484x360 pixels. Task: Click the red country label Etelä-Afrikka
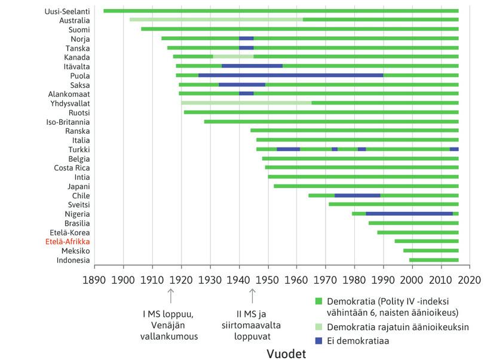click(68, 242)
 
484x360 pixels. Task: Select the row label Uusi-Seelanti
click(68, 11)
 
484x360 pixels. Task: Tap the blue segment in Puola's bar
click(290, 75)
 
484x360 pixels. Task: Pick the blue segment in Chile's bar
click(357, 195)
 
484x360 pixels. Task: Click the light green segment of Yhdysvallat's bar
click(246, 103)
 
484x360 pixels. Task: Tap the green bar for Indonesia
click(433, 260)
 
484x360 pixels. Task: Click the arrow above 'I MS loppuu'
click(171, 295)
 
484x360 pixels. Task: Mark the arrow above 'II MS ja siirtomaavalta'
click(252, 295)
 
